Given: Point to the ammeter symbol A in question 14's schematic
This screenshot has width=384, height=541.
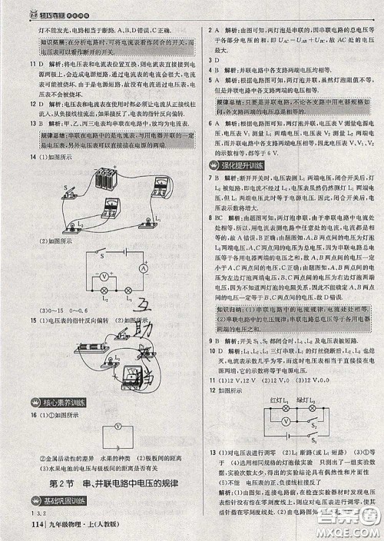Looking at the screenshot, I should (142, 269).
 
